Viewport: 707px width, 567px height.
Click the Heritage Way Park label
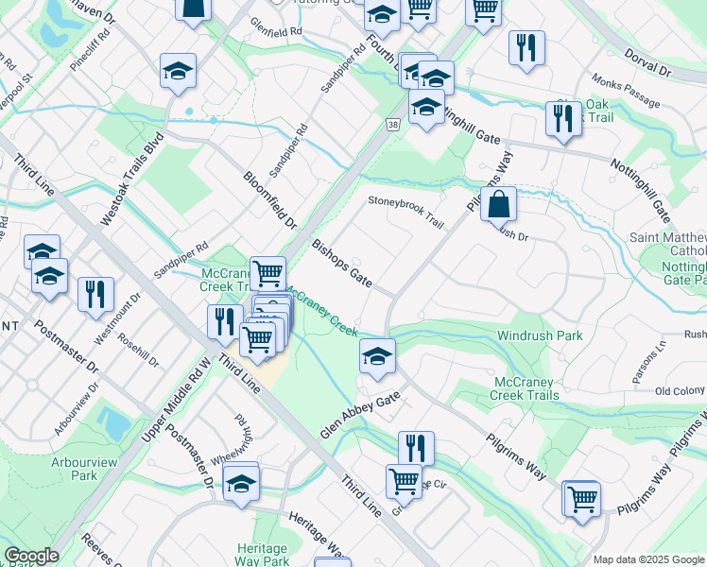click(262, 556)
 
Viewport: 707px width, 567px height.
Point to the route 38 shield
click(392, 124)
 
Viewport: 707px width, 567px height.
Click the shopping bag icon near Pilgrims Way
click(498, 202)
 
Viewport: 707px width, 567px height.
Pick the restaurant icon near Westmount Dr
click(95, 294)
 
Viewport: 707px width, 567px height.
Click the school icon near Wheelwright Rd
click(242, 483)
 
